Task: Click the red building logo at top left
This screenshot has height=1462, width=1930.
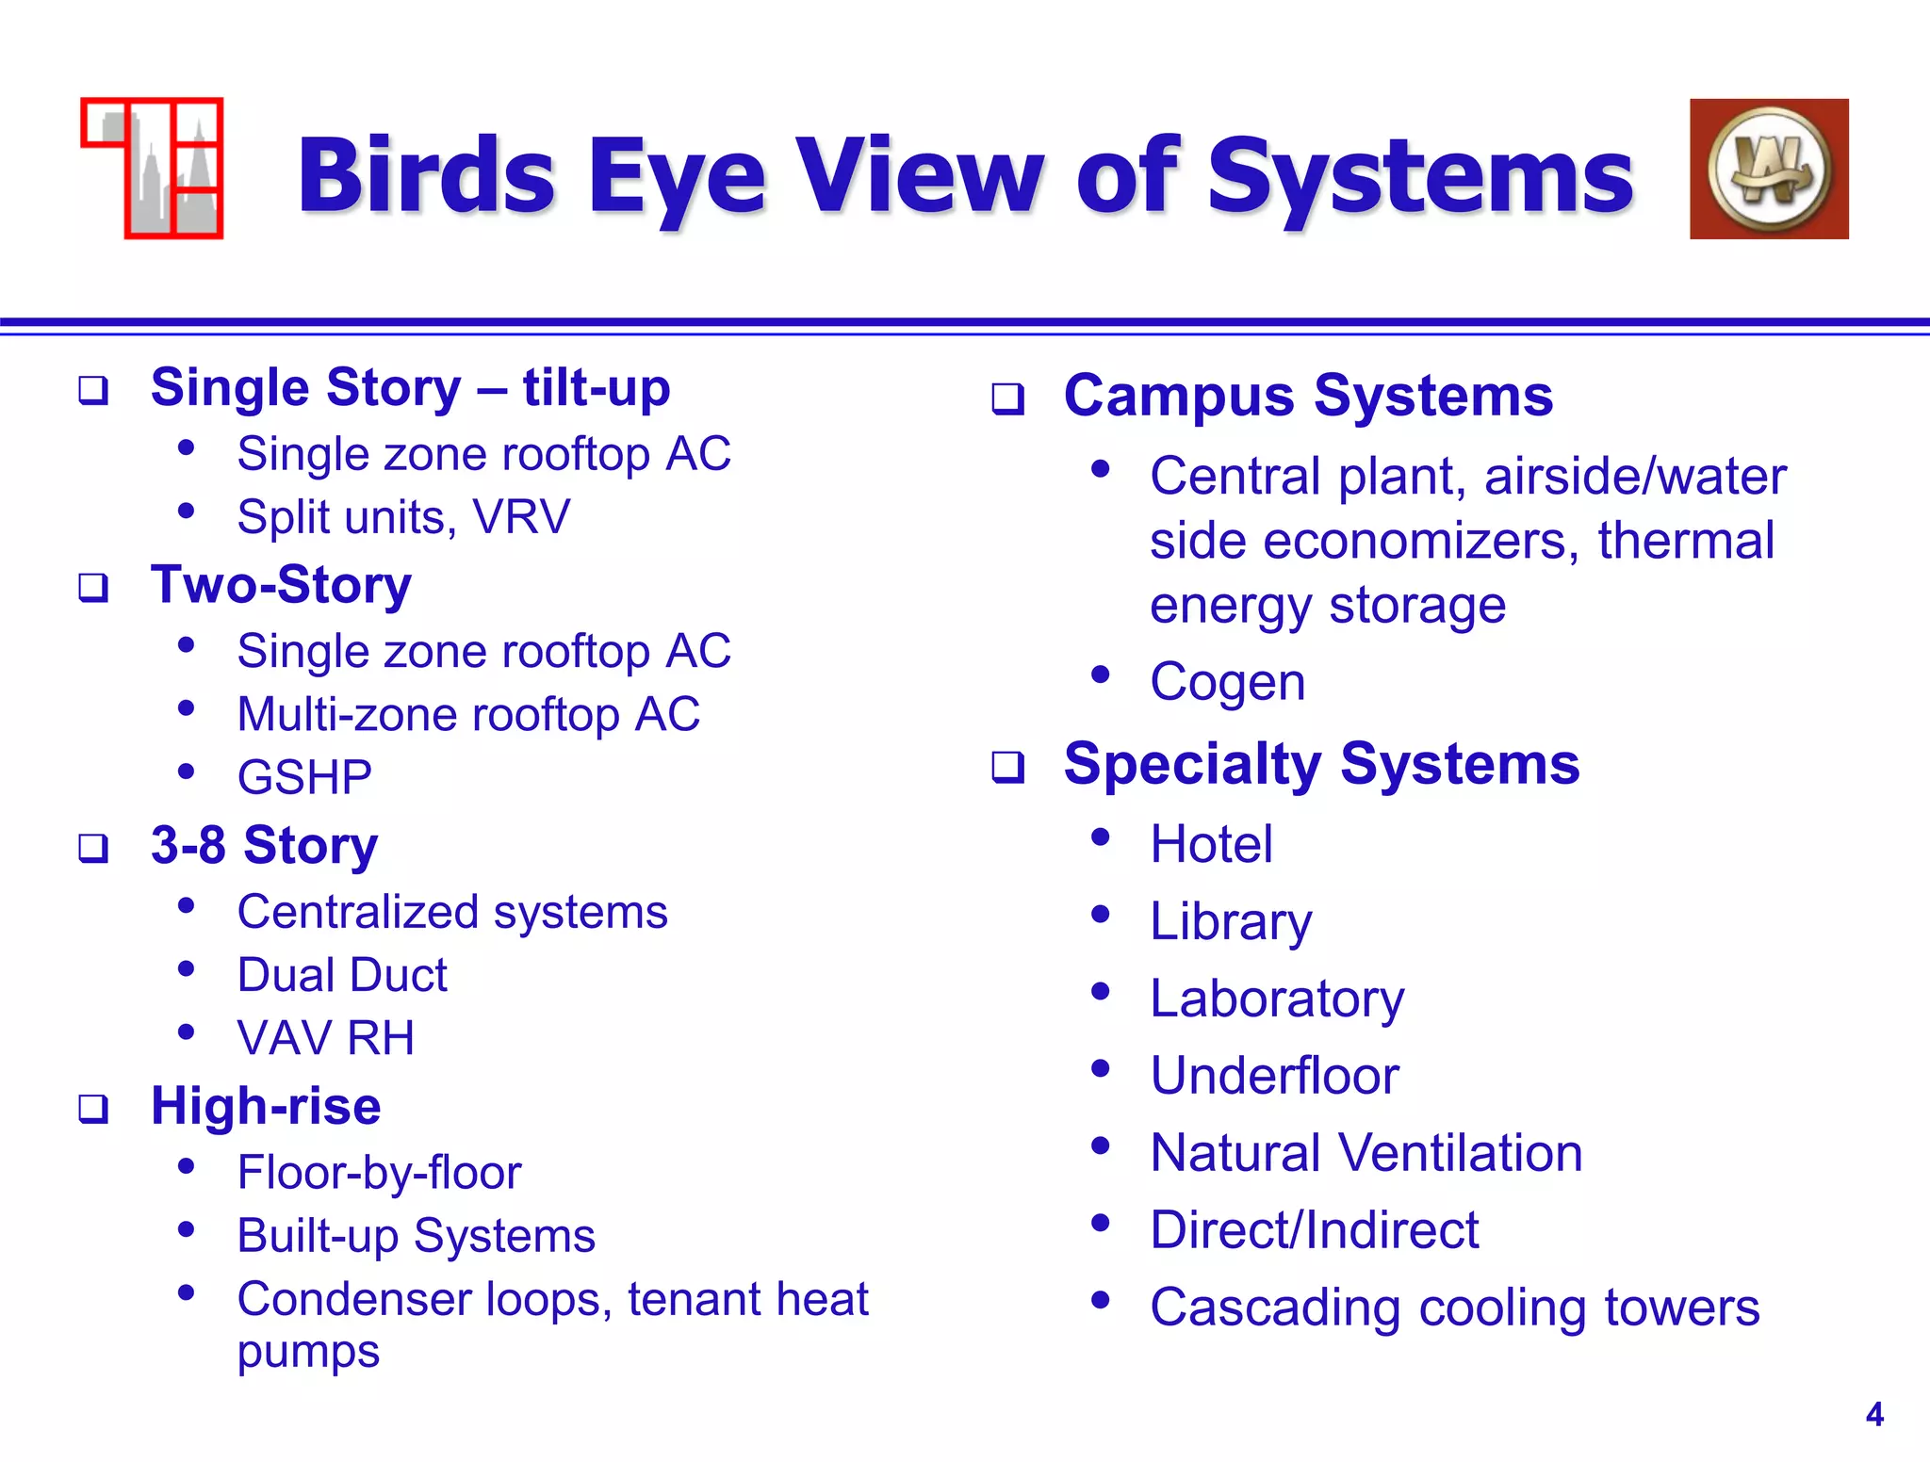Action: tap(153, 169)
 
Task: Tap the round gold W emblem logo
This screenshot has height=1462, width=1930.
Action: tap(1769, 170)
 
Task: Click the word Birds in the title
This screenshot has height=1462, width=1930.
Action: tap(427, 175)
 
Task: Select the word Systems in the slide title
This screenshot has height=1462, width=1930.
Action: tap(1420, 175)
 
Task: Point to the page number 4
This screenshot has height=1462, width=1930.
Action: tap(1874, 1415)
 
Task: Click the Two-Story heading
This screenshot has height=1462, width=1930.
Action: tap(281, 585)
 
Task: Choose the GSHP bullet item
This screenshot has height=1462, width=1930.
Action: tap(304, 778)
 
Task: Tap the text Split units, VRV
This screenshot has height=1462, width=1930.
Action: tap(403, 517)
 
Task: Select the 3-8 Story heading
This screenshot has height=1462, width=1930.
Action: tap(264, 845)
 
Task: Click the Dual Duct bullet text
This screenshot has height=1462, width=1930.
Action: tap(342, 975)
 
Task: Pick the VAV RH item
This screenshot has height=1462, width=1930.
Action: tap(325, 1038)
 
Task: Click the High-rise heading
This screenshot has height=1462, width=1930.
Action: tap(266, 1106)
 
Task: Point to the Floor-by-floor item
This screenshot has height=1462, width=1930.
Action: tap(379, 1173)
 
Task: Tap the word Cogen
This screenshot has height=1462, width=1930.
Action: tap(1228, 682)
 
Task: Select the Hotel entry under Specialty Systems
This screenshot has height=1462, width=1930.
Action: tap(1211, 844)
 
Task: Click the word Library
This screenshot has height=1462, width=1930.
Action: tap(1231, 921)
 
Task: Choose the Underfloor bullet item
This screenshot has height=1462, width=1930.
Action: tap(1274, 1076)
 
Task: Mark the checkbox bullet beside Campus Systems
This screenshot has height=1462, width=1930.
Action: tap(1007, 399)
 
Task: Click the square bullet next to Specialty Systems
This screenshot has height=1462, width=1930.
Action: tap(1007, 767)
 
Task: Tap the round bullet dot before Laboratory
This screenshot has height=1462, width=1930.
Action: tap(1100, 992)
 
